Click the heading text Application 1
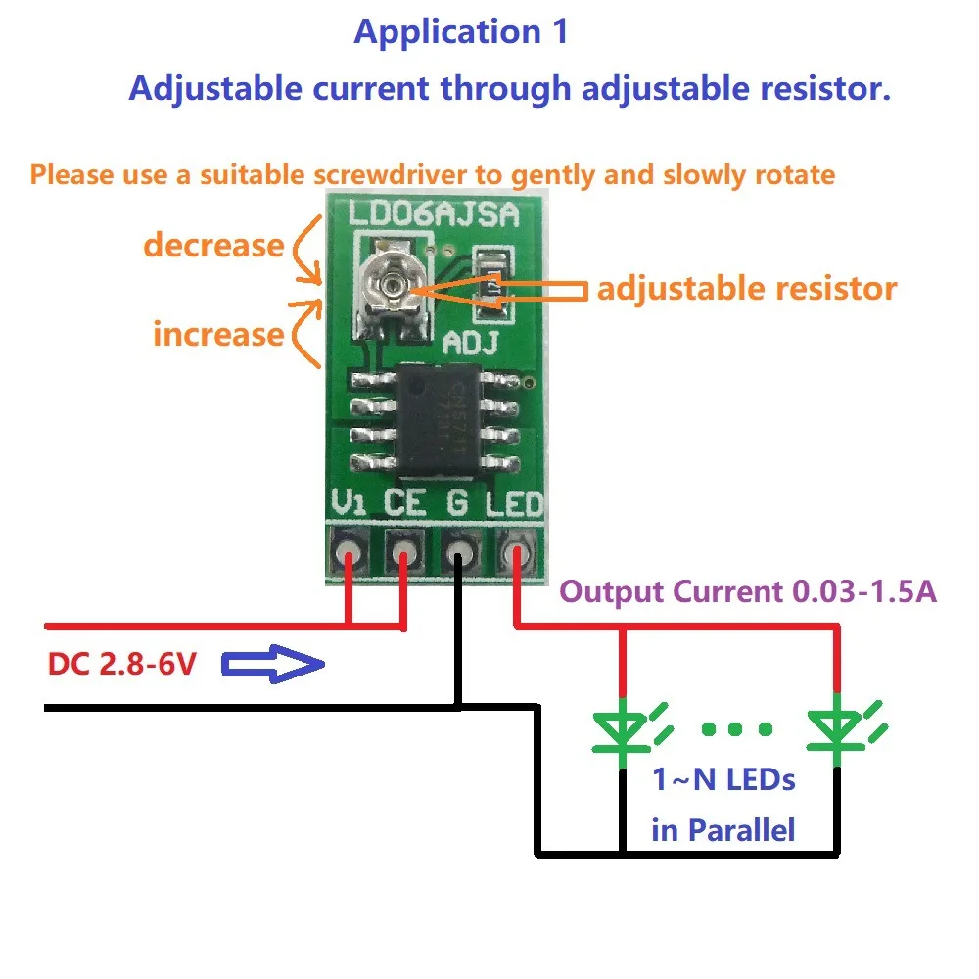460,31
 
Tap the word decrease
213,245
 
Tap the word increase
217,334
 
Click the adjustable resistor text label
746,289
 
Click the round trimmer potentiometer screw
393,285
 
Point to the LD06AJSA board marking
433,213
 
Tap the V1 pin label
349,504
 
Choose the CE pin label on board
403,504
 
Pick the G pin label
457,504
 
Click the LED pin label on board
514,505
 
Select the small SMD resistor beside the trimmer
491,284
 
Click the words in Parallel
723,830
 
